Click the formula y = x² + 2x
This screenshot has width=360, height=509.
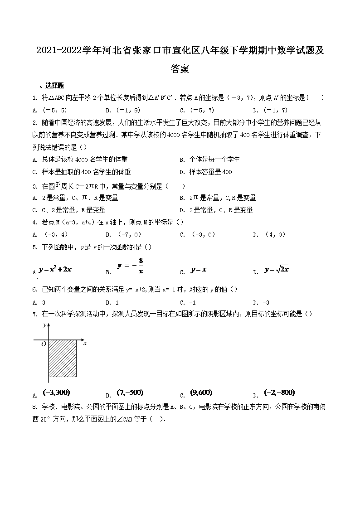point(55,269)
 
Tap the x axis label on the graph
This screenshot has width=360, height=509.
point(85,343)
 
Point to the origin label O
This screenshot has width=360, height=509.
point(44,344)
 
